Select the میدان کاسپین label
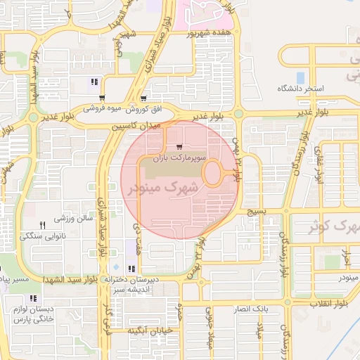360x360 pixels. tap(136, 126)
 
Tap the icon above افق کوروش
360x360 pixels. tap(143, 98)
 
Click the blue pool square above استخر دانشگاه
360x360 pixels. tap(300, 77)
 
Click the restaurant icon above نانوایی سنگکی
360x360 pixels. tap(42, 225)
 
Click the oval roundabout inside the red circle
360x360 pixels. tap(214, 172)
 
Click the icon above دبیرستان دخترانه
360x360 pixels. tap(131, 269)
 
